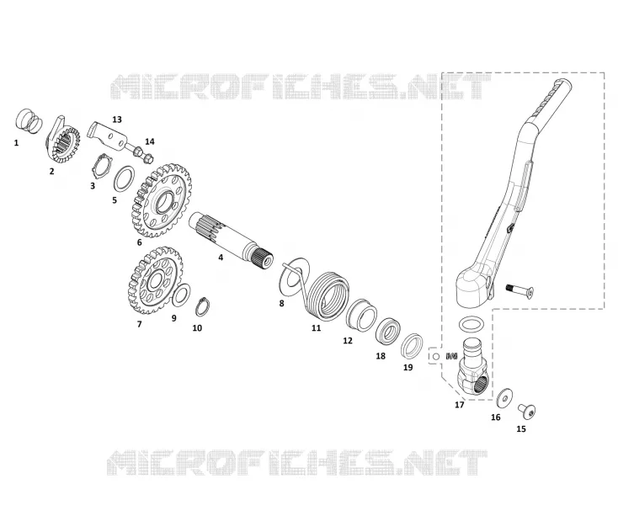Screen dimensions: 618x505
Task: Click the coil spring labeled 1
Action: click(x=29, y=121)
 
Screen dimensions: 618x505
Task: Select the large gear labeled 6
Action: click(x=161, y=200)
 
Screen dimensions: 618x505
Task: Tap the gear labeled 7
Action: click(x=155, y=279)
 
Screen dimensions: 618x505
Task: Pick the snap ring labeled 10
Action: click(x=203, y=306)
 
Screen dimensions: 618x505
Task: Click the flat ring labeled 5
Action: click(x=124, y=178)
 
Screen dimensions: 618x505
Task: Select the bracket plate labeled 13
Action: click(x=108, y=135)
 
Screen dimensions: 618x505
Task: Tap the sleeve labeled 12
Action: click(x=361, y=314)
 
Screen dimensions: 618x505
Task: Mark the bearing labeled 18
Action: click(x=389, y=332)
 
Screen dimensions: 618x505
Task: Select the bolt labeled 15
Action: click(x=527, y=412)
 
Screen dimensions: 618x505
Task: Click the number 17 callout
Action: click(x=460, y=405)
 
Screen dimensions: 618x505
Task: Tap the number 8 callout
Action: click(x=281, y=304)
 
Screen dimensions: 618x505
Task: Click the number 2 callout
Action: click(x=51, y=172)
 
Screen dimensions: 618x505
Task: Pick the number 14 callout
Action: click(x=150, y=141)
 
